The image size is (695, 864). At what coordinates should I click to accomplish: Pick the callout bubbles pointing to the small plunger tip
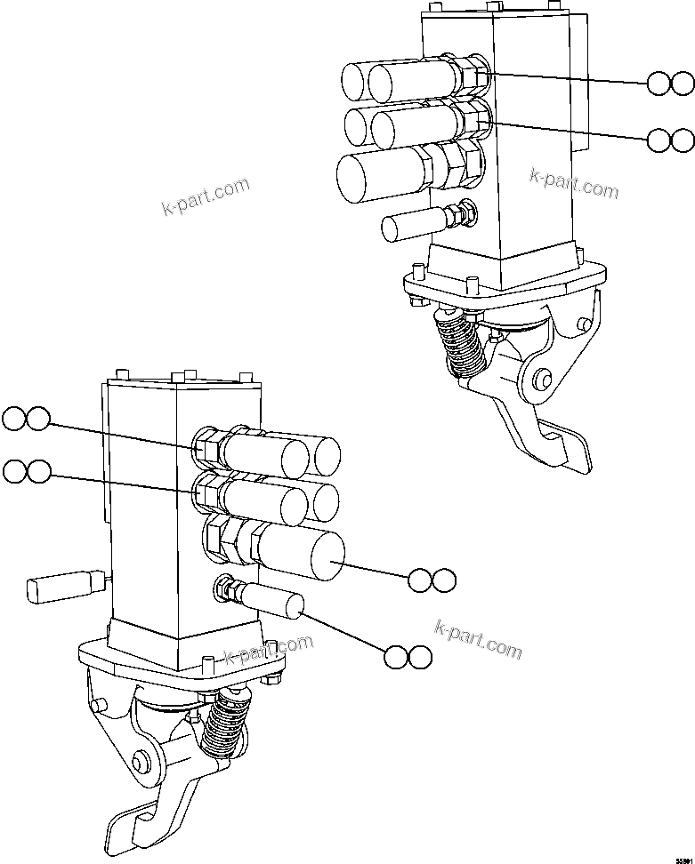tap(408, 657)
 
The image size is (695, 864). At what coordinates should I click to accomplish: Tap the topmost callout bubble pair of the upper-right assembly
tap(670, 84)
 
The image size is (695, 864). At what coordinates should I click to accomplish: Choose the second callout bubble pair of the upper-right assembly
tap(670, 140)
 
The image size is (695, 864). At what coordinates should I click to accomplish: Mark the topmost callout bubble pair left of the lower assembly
tap(26, 419)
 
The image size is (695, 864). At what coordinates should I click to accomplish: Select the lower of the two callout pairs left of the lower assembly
tap(26, 472)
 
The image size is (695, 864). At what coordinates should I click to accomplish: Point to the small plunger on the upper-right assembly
tap(415, 223)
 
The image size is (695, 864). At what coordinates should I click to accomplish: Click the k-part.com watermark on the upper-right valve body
tap(573, 183)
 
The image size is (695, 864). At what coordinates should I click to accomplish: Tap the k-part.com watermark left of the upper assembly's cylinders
tap(205, 197)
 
